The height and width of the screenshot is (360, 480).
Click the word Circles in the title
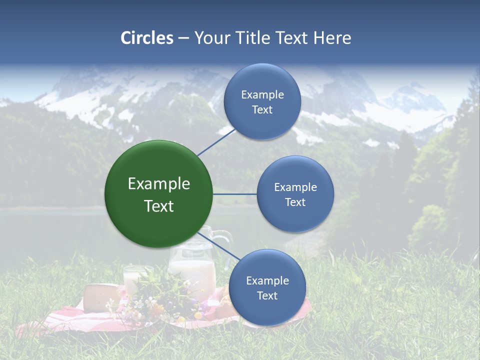146,38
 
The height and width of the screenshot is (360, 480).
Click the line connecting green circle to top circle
216,141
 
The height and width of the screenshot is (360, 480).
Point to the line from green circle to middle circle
235,194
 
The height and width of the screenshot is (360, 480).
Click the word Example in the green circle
159,184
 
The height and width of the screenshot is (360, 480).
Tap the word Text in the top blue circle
262,110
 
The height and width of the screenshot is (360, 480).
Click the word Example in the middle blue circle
295,187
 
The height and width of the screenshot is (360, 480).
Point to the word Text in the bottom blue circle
267,295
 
